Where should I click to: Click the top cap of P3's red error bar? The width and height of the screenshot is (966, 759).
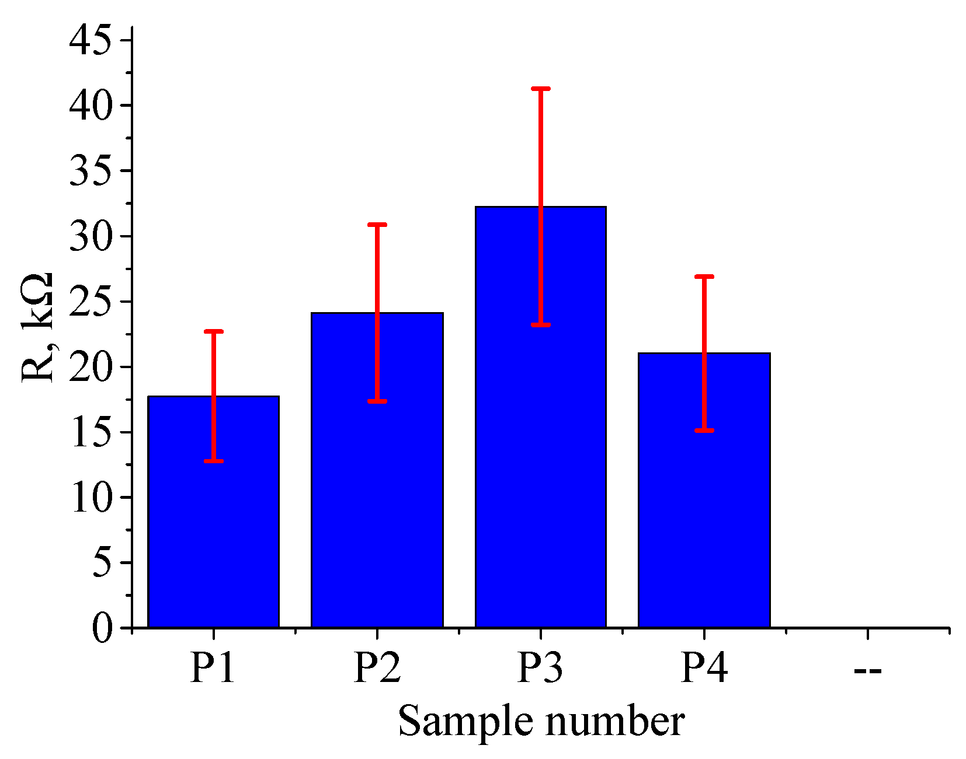point(541,89)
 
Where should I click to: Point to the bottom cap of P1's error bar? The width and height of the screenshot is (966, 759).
point(214,461)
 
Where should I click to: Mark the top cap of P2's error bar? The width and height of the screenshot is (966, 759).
point(377,225)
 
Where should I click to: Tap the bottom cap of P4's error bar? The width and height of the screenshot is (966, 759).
point(704,430)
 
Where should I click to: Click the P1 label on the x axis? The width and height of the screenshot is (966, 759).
point(213,667)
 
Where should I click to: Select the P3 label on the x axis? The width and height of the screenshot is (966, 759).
point(540,667)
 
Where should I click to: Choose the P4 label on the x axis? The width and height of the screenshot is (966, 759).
point(704,667)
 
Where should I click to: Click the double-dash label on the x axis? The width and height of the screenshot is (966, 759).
point(867,670)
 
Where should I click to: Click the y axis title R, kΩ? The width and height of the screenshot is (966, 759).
point(39,327)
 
